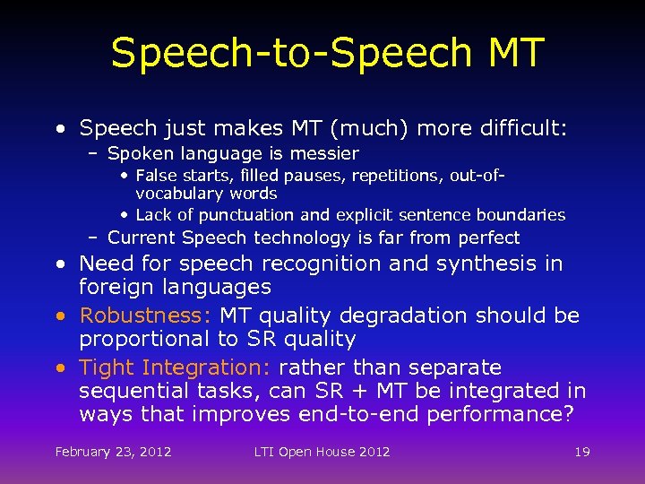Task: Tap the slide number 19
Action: [x=582, y=452]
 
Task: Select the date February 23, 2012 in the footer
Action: [x=113, y=452]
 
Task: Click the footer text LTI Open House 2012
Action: [x=322, y=452]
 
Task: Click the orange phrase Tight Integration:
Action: [x=176, y=368]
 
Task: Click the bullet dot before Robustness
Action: [x=59, y=316]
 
